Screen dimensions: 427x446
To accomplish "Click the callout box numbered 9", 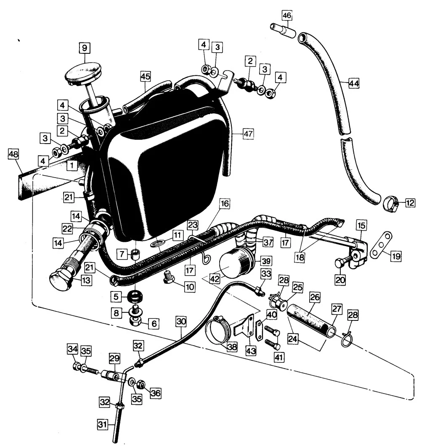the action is pyautogui.click(x=84, y=48).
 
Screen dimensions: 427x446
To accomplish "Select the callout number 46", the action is pyautogui.click(x=287, y=15).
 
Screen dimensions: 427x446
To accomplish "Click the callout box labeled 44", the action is pyautogui.click(x=354, y=83).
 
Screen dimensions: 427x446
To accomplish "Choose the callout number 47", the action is pyautogui.click(x=248, y=134).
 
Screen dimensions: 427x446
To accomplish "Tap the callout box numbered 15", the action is pyautogui.click(x=361, y=226).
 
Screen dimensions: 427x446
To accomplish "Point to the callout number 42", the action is pyautogui.click(x=215, y=278).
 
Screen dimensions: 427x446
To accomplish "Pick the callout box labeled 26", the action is pyautogui.click(x=315, y=297).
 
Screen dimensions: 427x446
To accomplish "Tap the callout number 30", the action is pyautogui.click(x=181, y=322).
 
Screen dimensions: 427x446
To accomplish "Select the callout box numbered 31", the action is pyautogui.click(x=103, y=425).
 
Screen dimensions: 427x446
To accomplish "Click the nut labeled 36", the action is pyautogui.click(x=140, y=385).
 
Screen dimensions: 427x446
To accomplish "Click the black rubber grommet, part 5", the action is pyautogui.click(x=135, y=296).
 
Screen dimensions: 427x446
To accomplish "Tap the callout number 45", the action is pyautogui.click(x=145, y=76).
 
